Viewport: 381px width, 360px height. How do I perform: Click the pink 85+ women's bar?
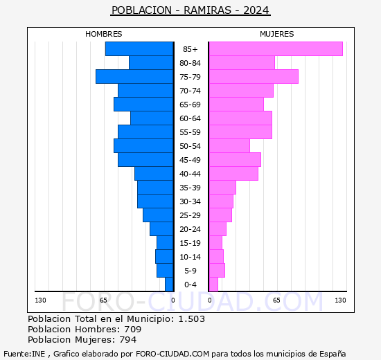click(276, 49)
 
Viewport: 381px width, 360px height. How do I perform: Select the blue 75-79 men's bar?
click(134, 77)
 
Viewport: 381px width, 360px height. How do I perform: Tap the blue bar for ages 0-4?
click(169, 285)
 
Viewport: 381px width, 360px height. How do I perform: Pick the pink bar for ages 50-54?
click(229, 146)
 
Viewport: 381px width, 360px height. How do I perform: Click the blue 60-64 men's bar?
click(152, 118)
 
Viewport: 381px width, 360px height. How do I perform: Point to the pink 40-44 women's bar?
click(233, 174)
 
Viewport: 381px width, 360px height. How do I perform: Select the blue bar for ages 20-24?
click(161, 229)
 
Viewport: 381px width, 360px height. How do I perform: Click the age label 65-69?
click(190, 105)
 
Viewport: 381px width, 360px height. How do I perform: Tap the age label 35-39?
click(190, 188)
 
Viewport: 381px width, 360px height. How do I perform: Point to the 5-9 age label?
click(190, 271)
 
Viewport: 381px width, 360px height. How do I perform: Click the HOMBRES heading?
click(104, 34)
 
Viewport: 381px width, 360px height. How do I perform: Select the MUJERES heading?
click(277, 34)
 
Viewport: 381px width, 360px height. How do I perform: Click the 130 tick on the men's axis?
click(40, 300)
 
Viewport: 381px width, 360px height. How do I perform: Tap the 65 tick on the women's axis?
click(276, 300)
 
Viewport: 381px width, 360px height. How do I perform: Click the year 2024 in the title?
click(256, 10)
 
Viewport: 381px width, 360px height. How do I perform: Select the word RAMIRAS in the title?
click(208, 10)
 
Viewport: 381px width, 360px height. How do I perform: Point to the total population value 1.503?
click(192, 319)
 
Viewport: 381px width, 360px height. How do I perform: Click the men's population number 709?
click(133, 330)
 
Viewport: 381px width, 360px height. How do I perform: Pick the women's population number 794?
click(128, 340)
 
